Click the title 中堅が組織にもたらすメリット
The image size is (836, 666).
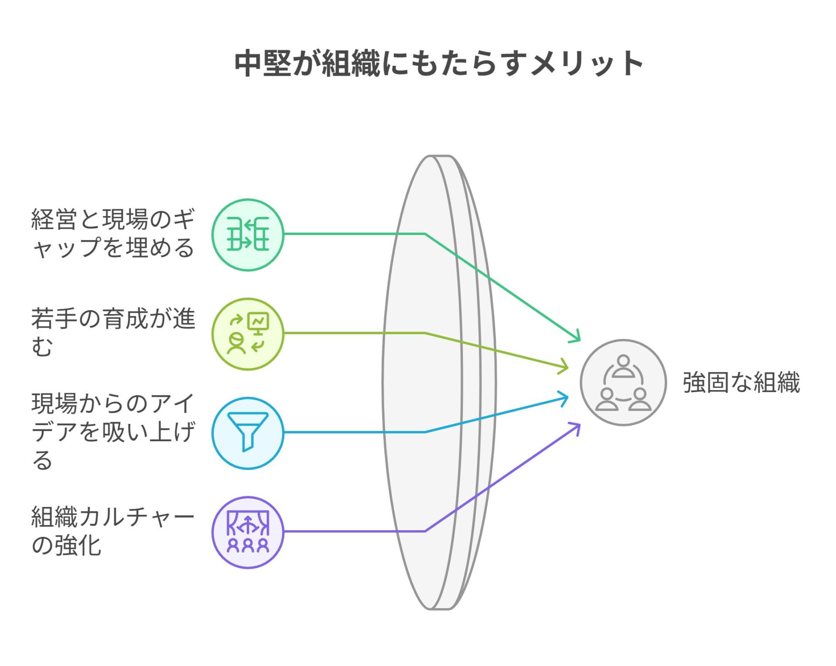pos(438,64)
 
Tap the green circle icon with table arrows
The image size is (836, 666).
pos(248,235)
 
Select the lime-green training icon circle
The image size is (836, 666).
pos(248,334)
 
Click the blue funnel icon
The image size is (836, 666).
pos(248,433)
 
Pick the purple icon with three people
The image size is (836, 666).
pos(248,532)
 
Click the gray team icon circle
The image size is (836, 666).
pos(623,382)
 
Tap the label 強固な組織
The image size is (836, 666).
pos(742,382)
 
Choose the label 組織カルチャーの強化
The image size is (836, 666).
pos(113,531)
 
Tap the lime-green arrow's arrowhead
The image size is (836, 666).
pos(564,366)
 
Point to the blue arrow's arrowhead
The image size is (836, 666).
pos(564,399)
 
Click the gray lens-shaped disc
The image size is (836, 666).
pos(439,382)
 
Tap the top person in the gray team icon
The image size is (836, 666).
pos(623,366)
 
